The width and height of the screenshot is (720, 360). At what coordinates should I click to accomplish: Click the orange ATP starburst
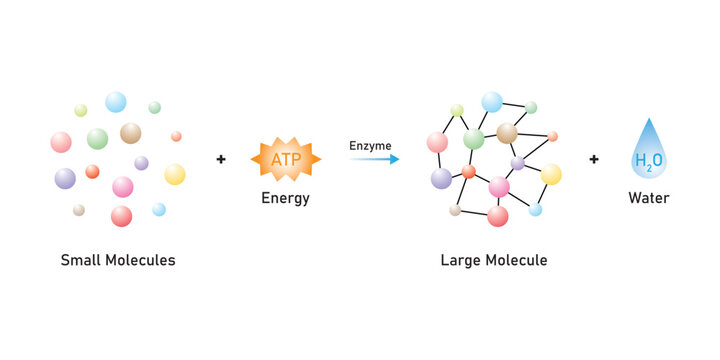tap(285, 158)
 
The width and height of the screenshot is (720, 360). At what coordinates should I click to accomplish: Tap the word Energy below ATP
tap(285, 198)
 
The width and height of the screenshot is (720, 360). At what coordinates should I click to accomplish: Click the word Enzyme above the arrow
tap(370, 146)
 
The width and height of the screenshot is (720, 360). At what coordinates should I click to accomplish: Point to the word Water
tap(648, 198)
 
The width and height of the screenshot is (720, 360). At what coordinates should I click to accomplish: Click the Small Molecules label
tap(118, 260)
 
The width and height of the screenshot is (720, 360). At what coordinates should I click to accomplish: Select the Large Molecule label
tap(494, 260)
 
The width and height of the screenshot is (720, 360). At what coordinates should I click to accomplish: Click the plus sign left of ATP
tap(221, 159)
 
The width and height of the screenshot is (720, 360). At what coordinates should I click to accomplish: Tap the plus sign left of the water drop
tap(594, 159)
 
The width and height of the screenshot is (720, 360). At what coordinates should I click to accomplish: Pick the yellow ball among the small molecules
tap(175, 174)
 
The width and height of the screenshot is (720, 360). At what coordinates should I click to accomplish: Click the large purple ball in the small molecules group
tap(65, 178)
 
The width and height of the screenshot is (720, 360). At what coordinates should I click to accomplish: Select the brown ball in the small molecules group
tap(131, 133)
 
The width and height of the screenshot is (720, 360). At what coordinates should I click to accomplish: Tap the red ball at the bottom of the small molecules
tap(121, 216)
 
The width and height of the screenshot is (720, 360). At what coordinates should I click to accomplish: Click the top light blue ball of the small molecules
tap(116, 102)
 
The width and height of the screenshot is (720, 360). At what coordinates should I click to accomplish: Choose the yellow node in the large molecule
tap(551, 174)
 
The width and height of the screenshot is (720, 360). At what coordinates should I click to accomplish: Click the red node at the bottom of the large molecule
tap(497, 216)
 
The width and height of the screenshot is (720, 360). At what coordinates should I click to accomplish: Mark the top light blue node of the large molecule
tap(492, 102)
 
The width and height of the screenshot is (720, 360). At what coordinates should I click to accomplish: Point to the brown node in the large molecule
tap(507, 133)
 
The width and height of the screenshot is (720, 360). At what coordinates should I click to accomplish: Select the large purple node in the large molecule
tap(441, 178)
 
